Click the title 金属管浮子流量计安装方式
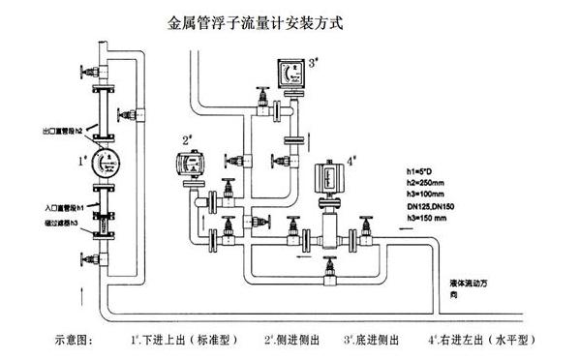coord(258,19)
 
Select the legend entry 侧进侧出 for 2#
coord(295,341)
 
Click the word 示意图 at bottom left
coord(79,341)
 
